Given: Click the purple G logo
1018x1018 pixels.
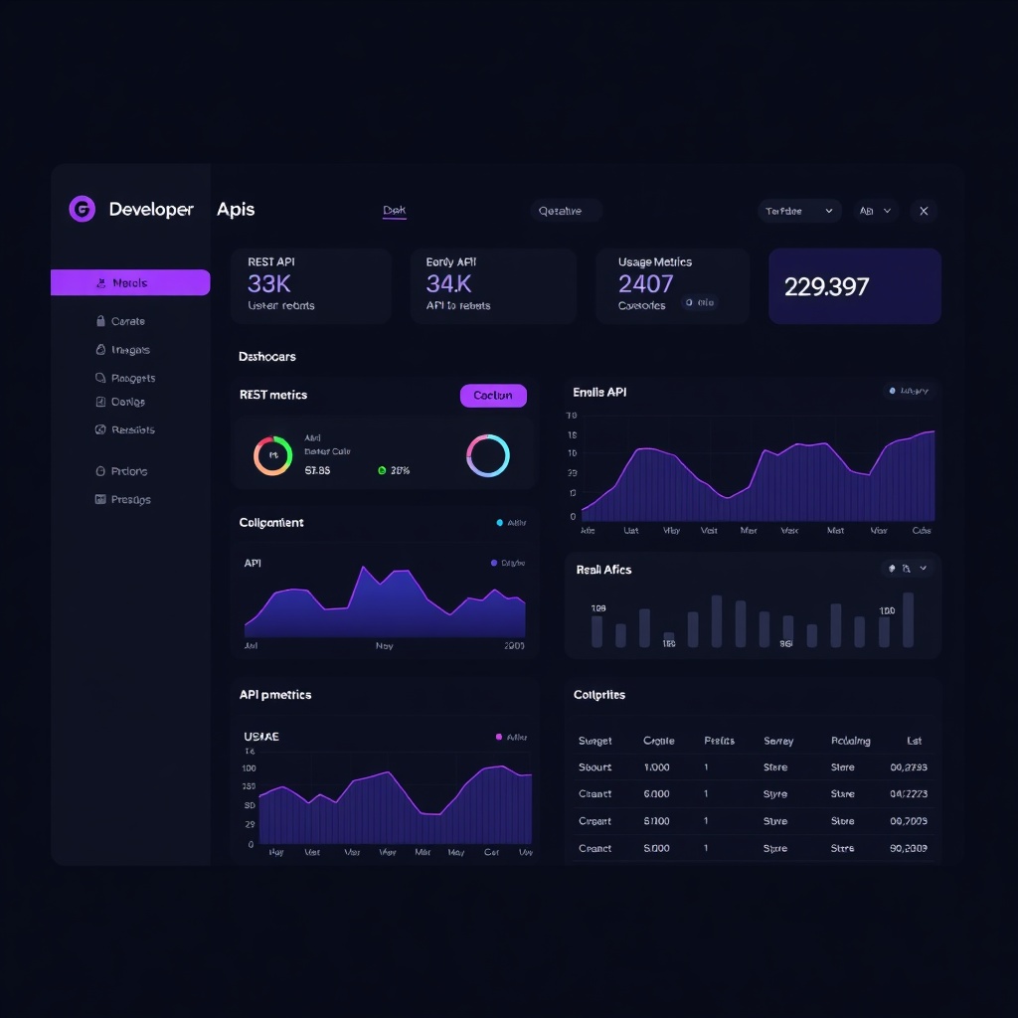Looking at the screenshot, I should coord(82,209).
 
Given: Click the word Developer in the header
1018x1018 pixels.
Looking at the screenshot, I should coord(151,210).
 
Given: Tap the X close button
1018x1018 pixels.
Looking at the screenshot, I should coord(924,211).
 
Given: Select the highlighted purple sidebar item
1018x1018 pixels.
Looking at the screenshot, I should coord(130,283).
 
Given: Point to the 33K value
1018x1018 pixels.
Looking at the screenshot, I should coord(268,284).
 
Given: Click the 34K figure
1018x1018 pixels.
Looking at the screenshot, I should coord(448,284).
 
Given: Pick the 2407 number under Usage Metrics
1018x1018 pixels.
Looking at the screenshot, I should coord(645,284).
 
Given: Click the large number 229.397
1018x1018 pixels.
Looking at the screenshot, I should coord(826,287).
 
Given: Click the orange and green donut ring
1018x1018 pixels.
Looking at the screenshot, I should coord(272,455).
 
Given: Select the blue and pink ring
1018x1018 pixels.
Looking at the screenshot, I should coord(487,455).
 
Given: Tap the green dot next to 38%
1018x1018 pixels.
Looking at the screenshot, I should coord(382,471).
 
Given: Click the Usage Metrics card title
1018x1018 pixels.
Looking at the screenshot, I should coord(654,262).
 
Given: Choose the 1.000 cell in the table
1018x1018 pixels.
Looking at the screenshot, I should coord(656,767).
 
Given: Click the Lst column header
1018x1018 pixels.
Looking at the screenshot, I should coord(915,741).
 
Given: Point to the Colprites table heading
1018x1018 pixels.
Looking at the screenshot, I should coord(599,695).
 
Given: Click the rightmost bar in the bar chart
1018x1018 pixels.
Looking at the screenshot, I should coord(908,619).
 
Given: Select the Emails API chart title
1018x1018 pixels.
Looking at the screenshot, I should coord(599,393).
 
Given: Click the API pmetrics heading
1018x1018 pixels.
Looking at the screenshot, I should coord(275,695).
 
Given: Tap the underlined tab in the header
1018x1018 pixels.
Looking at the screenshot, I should coord(395,211).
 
